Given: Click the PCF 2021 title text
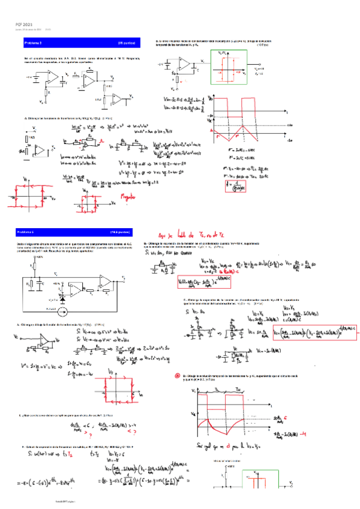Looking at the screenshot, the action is pos(23,23).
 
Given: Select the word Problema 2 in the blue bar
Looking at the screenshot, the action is pos(32,44).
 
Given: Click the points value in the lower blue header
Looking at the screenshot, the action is pos(120,231).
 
